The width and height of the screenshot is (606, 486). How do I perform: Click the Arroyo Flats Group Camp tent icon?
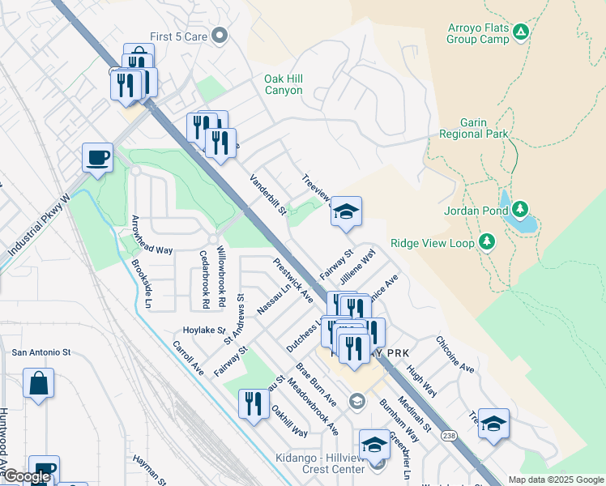tap(522, 32)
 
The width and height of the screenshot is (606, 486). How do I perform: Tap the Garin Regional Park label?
tap(474, 128)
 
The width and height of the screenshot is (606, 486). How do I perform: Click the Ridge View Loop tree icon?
tap(486, 241)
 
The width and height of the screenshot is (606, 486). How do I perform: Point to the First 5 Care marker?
tap(219, 36)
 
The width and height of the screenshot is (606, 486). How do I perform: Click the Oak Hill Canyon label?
tap(284, 84)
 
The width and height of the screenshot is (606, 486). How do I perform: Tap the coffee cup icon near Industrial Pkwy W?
tap(97, 157)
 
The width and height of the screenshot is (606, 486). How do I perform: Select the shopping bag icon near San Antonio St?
tap(39, 383)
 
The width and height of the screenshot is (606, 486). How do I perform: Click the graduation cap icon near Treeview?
tap(346, 212)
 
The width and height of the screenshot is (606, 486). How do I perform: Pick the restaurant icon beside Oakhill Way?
tap(254, 403)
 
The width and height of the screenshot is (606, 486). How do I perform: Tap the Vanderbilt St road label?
tap(268, 195)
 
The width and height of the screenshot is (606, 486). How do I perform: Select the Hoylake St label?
tap(203, 330)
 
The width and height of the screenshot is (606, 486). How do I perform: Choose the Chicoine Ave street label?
tap(454, 355)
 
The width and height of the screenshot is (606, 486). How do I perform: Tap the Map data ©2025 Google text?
tap(554, 480)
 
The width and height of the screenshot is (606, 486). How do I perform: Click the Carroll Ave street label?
tap(188, 357)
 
